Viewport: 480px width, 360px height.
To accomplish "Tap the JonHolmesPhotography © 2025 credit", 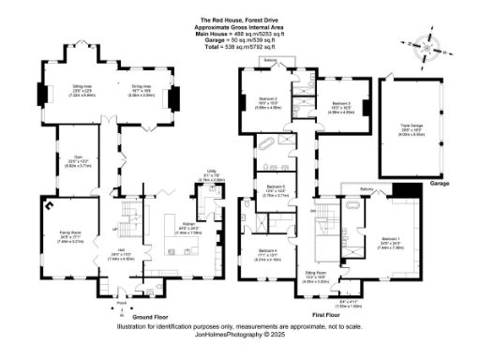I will pos(239,334).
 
